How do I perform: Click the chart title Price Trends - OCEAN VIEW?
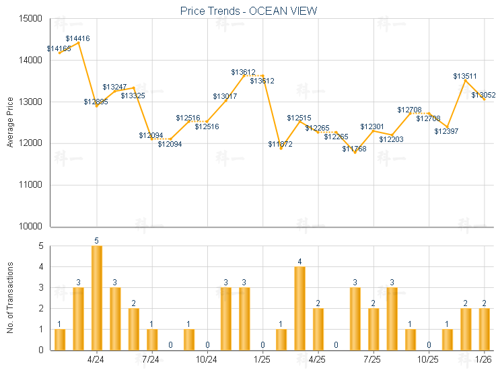[x=249, y=11]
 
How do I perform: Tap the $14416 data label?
[x=77, y=39]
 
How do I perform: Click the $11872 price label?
[x=280, y=145]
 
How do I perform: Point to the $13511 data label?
[x=465, y=77]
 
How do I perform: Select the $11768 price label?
[x=354, y=149]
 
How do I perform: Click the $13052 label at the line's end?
[x=483, y=96]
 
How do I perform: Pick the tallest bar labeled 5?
[x=97, y=298]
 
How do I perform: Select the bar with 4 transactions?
[x=299, y=308]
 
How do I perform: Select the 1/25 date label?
[x=262, y=359]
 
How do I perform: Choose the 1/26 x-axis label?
[x=483, y=359]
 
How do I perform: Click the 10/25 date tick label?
[x=428, y=359]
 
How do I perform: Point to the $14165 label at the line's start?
[x=59, y=48]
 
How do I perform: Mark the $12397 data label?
[x=446, y=131]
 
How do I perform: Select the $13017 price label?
[x=225, y=97]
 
